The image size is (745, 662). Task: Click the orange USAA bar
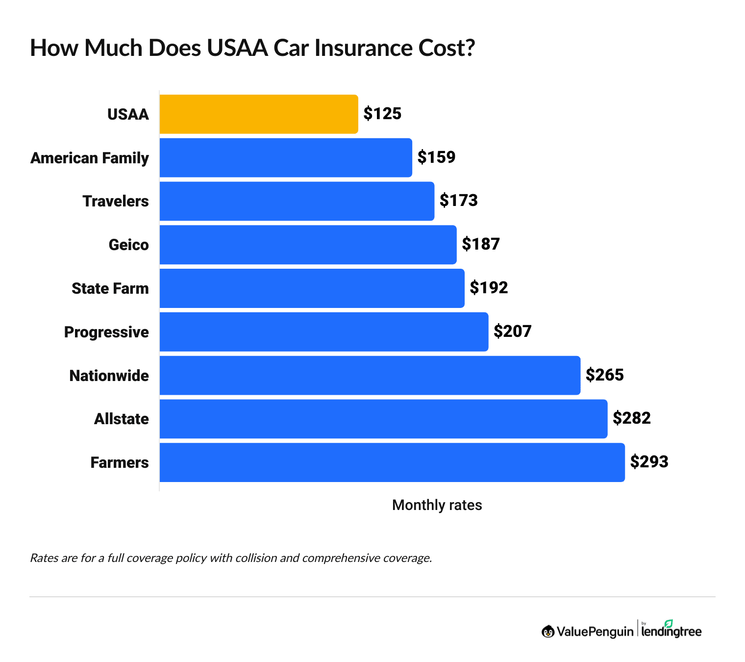(x=259, y=114)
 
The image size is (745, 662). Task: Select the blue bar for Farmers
(x=392, y=462)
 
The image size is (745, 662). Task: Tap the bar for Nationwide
(x=370, y=376)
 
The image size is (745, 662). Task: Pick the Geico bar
(x=308, y=245)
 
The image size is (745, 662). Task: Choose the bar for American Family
(x=286, y=158)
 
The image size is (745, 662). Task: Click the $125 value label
(x=382, y=114)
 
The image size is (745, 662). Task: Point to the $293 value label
(x=649, y=462)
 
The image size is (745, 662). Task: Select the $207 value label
(x=512, y=331)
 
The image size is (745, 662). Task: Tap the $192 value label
(x=489, y=288)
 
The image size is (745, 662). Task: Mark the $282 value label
(x=632, y=418)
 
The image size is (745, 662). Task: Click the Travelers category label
(x=116, y=202)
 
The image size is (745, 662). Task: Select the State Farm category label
(x=110, y=288)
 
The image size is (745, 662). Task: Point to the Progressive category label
(x=106, y=332)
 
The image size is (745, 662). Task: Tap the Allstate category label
(x=122, y=419)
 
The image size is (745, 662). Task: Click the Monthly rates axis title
(x=437, y=505)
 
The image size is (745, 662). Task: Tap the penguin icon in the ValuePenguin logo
(x=548, y=632)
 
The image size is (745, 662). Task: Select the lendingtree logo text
(x=671, y=632)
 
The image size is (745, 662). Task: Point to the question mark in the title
(x=470, y=48)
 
